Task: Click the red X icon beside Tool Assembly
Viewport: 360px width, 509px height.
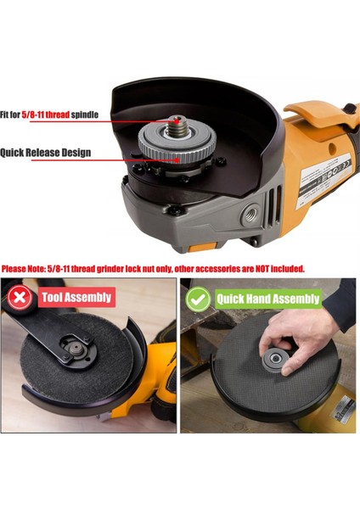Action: [x=20, y=298]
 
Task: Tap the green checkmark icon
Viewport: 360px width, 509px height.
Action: [x=198, y=299]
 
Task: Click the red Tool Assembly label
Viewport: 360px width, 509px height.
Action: [x=76, y=298]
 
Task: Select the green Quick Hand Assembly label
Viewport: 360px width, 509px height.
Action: [x=268, y=299]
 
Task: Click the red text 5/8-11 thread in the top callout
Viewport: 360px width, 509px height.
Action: [x=46, y=115]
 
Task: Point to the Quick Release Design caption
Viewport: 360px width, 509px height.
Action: [x=46, y=153]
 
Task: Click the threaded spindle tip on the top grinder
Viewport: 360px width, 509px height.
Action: [x=176, y=126]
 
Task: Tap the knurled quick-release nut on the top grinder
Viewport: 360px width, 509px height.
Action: [x=176, y=144]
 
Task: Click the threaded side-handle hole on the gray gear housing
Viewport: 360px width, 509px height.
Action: [x=250, y=215]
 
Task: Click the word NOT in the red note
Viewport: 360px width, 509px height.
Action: [x=262, y=269]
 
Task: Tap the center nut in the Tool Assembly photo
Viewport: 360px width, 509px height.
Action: [x=76, y=350]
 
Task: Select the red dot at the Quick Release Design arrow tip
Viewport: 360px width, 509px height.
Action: [x=177, y=160]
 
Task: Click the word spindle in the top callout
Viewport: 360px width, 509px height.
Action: [x=85, y=115]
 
